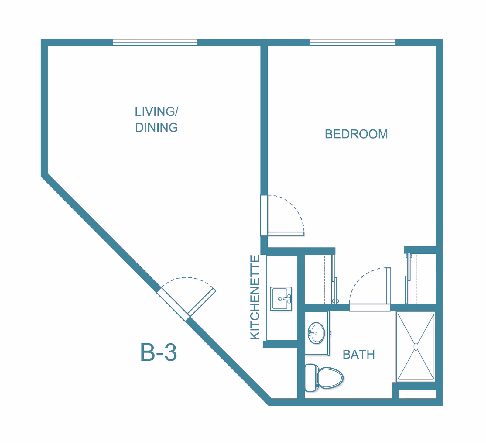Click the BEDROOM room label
point(356,134)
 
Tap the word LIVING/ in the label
point(156,112)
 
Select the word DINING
point(156,128)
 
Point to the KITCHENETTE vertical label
point(255,297)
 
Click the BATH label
point(358,354)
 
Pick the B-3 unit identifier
point(158,352)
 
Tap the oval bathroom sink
point(316,333)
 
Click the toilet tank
point(310,378)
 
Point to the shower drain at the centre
point(416,347)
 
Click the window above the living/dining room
point(155,43)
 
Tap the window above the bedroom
point(352,43)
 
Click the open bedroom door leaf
point(286,234)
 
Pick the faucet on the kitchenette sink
point(287,299)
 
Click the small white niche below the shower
point(417,394)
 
